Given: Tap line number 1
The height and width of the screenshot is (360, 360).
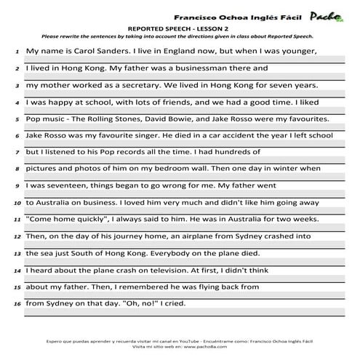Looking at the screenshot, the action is [x=17, y=52].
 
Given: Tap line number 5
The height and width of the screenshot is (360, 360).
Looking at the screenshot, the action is [x=17, y=119].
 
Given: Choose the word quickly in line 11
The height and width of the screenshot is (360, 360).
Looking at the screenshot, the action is [x=97, y=219].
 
